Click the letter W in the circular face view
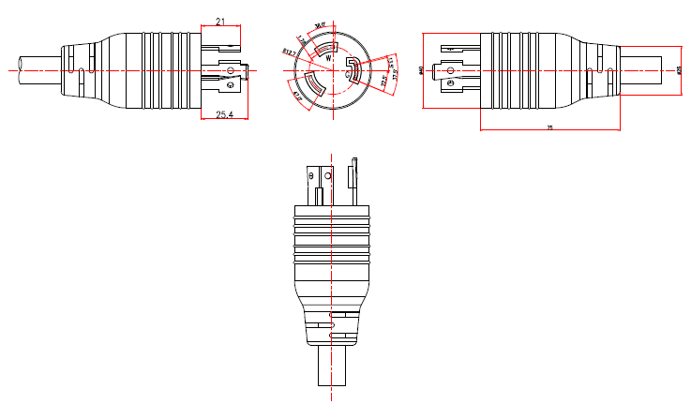pyautogui.click(x=328, y=58)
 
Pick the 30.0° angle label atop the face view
pyautogui.click(x=320, y=25)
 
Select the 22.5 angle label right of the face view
pyautogui.click(x=384, y=81)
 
